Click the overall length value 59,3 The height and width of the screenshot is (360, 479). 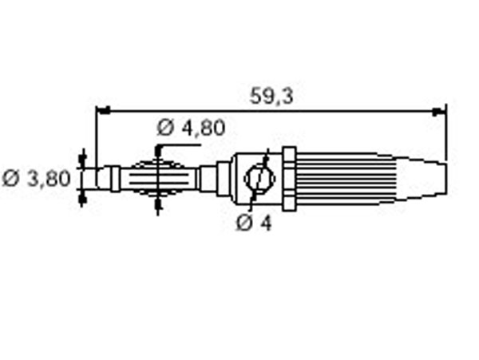click(x=271, y=96)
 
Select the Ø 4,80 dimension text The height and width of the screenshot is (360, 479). click(x=192, y=128)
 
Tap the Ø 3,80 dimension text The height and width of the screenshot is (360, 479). click(x=37, y=178)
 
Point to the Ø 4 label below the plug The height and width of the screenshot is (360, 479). click(x=254, y=223)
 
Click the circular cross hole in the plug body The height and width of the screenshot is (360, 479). click(x=259, y=179)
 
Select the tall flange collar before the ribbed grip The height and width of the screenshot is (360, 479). click(x=289, y=179)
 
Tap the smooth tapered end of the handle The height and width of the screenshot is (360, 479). click(x=423, y=179)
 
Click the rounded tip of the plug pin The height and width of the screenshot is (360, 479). click(x=101, y=179)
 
